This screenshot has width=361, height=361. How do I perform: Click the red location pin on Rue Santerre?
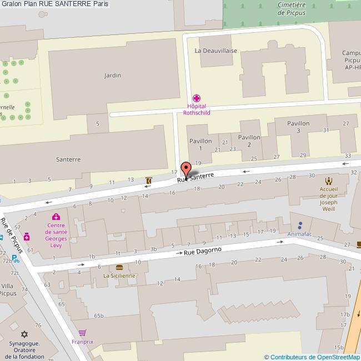pos(186,168)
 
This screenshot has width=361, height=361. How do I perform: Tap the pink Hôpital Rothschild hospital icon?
pos(196,98)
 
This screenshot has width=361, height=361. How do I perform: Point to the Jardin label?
pos(113,75)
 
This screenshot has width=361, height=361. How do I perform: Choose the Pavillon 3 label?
pos(298,127)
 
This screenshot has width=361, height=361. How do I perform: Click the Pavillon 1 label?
pos(200,144)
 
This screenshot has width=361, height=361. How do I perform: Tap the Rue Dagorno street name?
pos(203,251)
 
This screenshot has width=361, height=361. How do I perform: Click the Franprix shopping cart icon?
pos(83,333)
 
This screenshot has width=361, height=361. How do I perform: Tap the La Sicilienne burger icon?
pos(119,267)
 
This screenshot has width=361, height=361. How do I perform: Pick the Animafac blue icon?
pos(300,225)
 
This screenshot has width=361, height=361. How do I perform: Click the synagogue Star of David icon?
pos(24,334)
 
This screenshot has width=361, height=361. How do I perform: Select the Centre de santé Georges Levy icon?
pos(55,217)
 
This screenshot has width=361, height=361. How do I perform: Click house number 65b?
pos(99,315)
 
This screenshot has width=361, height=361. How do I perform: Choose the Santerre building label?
pos(68,159)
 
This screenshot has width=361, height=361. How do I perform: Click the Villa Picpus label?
pos(8,290)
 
